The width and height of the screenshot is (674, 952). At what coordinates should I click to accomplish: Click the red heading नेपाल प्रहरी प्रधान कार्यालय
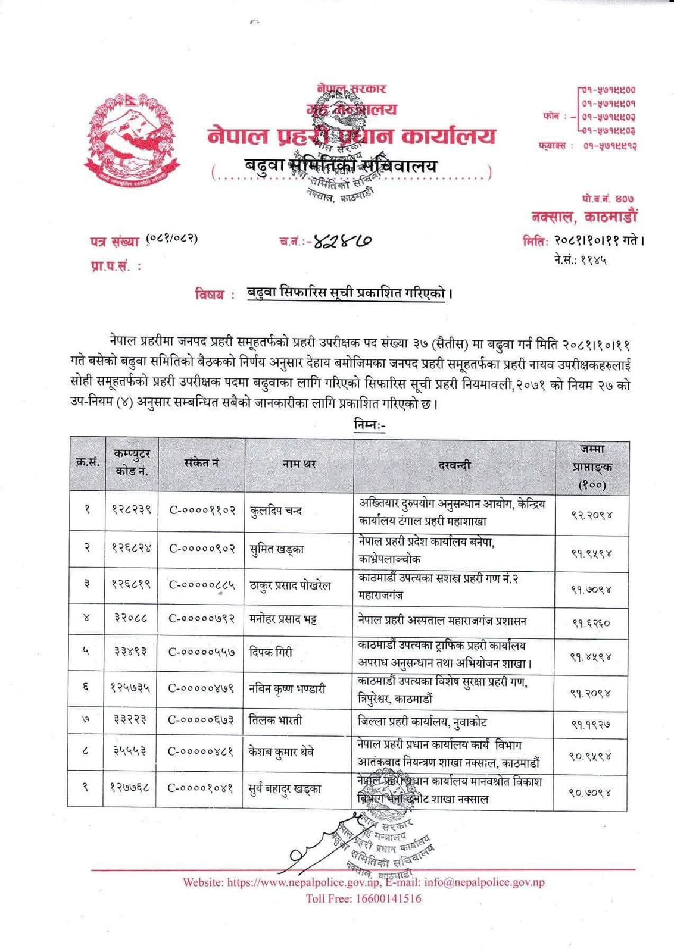351,137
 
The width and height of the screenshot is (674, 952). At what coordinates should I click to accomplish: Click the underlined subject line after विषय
347,294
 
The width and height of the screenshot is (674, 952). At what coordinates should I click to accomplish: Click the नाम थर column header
299,464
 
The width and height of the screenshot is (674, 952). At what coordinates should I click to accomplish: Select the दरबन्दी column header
454,465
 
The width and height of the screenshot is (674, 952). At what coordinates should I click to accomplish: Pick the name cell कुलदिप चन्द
276,511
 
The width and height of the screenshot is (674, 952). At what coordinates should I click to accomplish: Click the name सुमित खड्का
277,549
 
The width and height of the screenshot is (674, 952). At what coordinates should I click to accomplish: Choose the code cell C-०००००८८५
202,585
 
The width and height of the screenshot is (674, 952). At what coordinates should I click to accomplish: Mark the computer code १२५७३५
131,688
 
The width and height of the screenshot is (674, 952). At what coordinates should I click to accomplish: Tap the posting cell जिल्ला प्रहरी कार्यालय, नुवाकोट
423,722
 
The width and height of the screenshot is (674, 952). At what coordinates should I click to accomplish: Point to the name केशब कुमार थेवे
282,752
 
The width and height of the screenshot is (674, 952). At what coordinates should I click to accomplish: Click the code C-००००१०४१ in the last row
201,788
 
